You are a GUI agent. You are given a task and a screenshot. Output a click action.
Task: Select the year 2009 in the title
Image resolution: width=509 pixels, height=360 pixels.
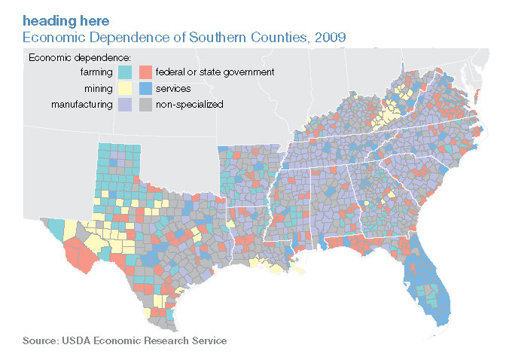coord(330,35)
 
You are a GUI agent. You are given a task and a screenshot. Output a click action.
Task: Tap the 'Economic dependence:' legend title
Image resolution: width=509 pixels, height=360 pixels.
coord(79,57)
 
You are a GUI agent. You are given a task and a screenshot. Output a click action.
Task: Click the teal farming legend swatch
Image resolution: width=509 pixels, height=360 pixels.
coord(126,72)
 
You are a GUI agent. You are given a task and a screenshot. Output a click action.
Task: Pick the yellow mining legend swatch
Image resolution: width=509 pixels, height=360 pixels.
coord(126,89)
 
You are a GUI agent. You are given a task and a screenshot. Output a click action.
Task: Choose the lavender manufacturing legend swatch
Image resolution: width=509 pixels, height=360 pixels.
coord(126,105)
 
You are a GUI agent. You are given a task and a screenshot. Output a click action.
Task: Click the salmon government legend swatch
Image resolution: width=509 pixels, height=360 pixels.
coord(146,72)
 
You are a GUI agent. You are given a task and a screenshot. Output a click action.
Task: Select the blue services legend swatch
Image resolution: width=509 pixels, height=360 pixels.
coord(146,89)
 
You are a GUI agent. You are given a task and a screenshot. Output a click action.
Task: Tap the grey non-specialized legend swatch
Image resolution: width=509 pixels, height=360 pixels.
coord(146,105)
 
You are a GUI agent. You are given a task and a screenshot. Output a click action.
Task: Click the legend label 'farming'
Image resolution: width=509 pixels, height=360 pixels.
coord(96,72)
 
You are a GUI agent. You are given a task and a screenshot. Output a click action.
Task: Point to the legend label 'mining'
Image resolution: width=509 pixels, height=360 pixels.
coord(99,89)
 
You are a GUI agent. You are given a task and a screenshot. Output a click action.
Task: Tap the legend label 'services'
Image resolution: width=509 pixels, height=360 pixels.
coord(172,89)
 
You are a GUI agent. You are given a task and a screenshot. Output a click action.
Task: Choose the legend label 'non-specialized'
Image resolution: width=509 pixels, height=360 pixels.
coord(189,105)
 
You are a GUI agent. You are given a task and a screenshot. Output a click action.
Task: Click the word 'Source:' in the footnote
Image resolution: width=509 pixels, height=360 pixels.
coord(39,341)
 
